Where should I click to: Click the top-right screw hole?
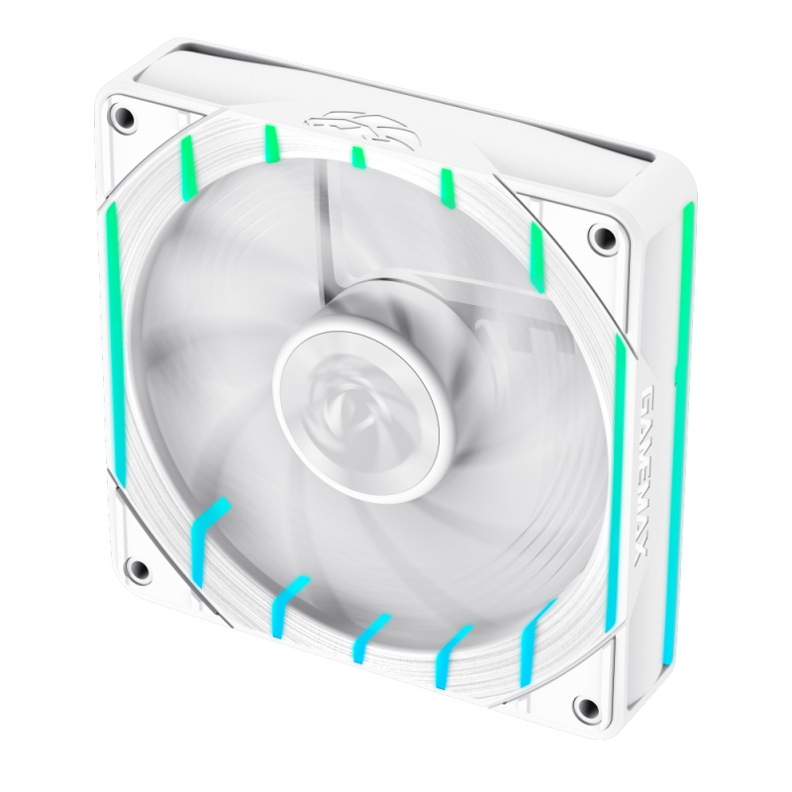click(x=597, y=238)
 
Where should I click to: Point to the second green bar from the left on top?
click(x=269, y=143)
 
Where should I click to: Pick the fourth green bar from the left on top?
click(x=447, y=184)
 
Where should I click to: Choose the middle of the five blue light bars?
click(x=367, y=639)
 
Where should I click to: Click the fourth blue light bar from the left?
click(x=451, y=645)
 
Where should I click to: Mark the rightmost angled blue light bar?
click(x=535, y=634)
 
